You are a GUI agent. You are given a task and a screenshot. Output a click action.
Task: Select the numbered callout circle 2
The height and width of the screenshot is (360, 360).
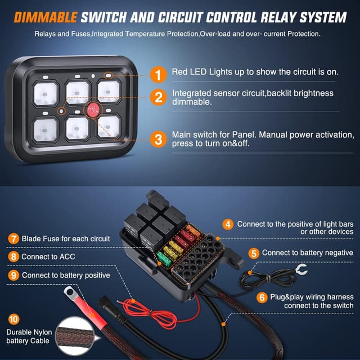pos(159,97)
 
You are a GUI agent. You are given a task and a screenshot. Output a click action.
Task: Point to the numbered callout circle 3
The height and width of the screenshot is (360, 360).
pos(159,139)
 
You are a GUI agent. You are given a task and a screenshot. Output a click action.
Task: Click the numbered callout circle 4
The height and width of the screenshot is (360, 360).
pos(227,224)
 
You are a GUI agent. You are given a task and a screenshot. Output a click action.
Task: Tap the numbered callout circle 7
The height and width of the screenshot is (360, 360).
pos(13,238)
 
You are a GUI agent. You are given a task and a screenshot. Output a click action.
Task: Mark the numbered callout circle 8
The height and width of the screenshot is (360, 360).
pos(13,256)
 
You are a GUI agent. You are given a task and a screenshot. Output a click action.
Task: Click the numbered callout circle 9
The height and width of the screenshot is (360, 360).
pos(13,275)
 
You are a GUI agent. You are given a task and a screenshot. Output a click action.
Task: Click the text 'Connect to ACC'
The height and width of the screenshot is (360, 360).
pos(48,257)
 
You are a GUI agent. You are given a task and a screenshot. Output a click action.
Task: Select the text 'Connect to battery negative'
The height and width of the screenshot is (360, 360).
pos(308,253)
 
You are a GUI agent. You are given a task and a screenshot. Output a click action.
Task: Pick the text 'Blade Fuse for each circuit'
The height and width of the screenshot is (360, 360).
pos(65,239)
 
